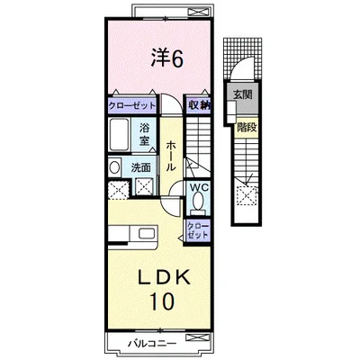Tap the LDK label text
[164, 277]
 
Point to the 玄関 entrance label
[242, 94]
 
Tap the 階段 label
[247, 128]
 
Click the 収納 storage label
[199, 105]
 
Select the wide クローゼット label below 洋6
[132, 105]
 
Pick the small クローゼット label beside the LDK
[197, 230]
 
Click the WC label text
[199, 187]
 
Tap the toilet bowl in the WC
[198, 202]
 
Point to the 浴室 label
[144, 134]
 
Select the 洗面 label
[140, 168]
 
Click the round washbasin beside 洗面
[114, 167]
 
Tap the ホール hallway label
[170, 155]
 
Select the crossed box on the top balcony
[198, 12]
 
